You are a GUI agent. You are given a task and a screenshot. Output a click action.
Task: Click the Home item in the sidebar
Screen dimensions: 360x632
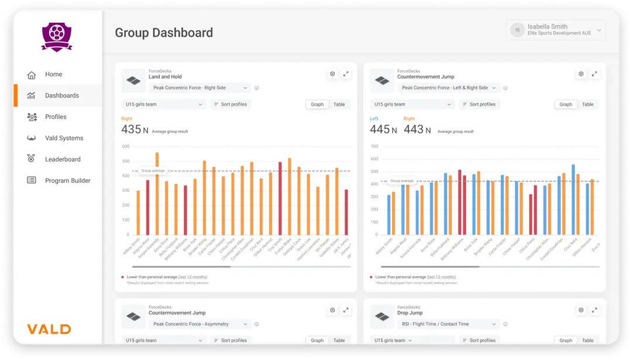[x=53, y=74]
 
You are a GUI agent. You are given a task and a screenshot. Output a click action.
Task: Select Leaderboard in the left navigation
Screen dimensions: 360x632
[x=62, y=159]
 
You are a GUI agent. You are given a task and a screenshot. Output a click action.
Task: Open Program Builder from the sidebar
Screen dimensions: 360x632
[x=67, y=181]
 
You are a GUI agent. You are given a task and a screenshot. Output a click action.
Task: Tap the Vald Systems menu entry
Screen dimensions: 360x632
[x=64, y=138]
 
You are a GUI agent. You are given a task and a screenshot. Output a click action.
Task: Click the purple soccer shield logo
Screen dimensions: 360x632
[x=57, y=37]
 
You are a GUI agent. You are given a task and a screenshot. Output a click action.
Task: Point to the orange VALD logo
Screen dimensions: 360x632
[x=49, y=329]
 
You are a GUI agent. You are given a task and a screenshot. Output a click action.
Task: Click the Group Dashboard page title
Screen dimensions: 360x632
[x=164, y=33]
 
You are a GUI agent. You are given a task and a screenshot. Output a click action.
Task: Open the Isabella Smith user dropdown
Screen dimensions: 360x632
[x=555, y=30]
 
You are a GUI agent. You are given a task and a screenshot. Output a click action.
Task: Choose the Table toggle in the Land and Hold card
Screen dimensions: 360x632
[x=339, y=105]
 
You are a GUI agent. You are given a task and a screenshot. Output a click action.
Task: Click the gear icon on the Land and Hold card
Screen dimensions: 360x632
[x=332, y=74]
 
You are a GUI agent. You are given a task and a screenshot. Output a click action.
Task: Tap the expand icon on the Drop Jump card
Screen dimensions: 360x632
[x=595, y=310]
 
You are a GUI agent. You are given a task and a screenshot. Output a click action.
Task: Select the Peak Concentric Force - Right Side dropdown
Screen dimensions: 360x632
[x=201, y=88]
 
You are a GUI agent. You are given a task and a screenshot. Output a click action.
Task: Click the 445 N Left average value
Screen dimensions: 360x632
[x=380, y=129]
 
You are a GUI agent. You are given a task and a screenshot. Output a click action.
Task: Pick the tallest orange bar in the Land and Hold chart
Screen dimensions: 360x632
[x=157, y=193]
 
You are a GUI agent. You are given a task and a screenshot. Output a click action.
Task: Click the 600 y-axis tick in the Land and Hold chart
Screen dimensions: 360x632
[x=125, y=146]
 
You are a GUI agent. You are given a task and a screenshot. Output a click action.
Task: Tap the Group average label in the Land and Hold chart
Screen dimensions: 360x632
[x=153, y=171]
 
